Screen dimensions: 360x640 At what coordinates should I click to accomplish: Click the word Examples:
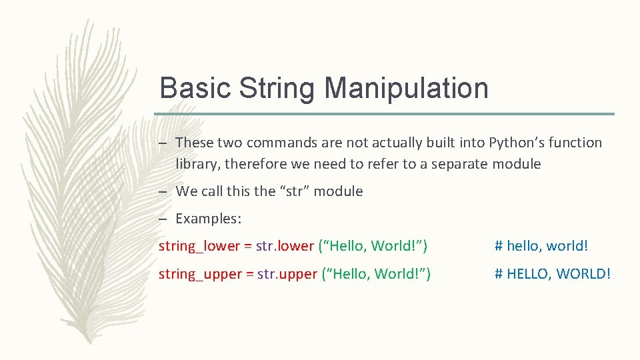208,219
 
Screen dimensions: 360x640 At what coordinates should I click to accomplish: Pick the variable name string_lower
199,246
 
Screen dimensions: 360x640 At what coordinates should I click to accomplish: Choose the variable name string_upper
200,273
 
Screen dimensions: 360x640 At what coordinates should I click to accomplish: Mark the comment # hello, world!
541,246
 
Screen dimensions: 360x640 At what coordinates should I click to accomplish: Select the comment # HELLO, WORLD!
552,273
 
